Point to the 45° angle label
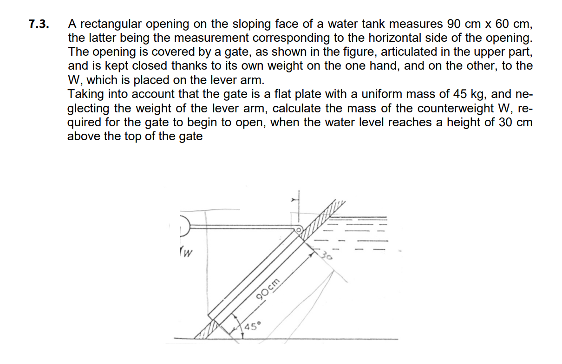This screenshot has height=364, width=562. coord(253,325)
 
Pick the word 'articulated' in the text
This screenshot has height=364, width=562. coord(406,52)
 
